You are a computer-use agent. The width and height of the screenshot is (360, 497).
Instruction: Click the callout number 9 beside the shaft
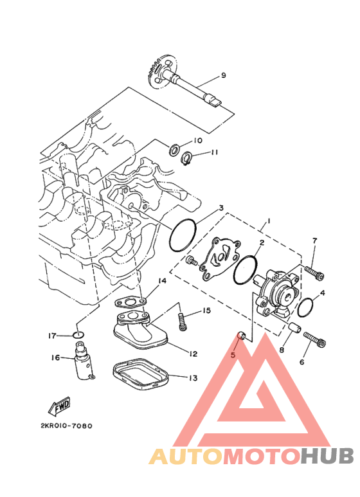pyautogui.click(x=223, y=75)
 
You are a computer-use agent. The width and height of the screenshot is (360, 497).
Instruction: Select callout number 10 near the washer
pyautogui.click(x=198, y=140)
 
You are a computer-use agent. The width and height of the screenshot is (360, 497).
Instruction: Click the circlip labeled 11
pyautogui.click(x=187, y=158)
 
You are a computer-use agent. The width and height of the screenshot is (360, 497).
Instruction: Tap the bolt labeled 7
pyautogui.click(x=314, y=273)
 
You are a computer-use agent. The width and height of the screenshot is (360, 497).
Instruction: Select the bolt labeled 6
pyautogui.click(x=315, y=339)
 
